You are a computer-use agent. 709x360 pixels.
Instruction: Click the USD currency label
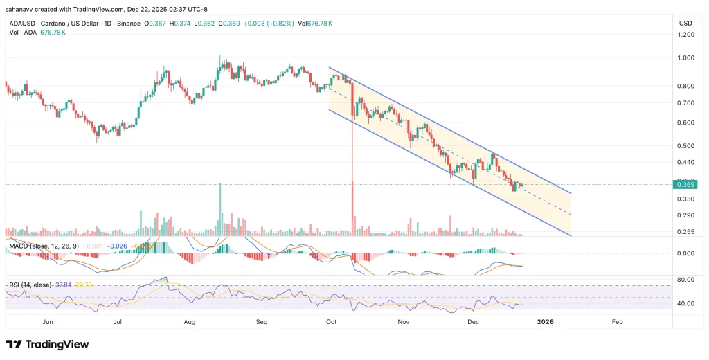(x=685, y=23)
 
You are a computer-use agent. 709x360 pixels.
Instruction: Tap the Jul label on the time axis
(x=118, y=322)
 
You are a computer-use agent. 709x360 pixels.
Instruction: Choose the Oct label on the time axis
(x=331, y=322)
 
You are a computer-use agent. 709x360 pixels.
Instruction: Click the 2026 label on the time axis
(x=546, y=322)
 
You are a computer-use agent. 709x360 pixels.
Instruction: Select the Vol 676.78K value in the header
(x=315, y=23)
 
